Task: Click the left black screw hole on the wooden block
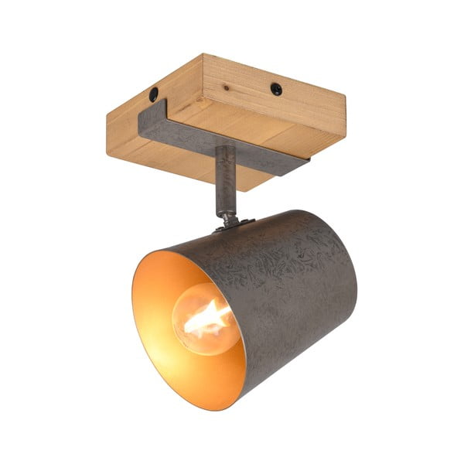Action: (x=153, y=94)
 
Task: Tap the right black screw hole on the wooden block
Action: (x=276, y=89)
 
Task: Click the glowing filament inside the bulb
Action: (x=205, y=318)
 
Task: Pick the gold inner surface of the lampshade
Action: (x=166, y=309)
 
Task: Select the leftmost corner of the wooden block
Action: (x=107, y=116)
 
